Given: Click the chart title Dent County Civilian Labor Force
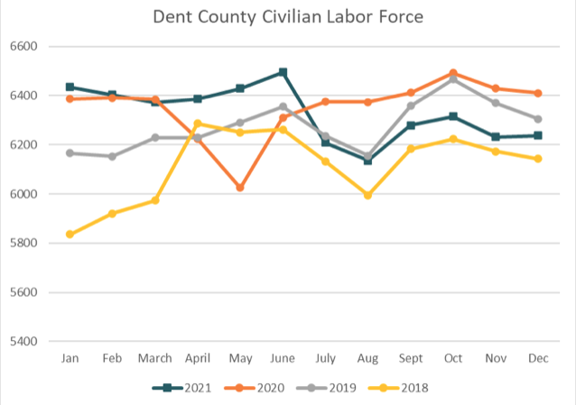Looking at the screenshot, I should coord(288,17).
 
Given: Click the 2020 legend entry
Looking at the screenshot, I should coord(263,388).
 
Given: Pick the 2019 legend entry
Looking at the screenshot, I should coord(333,388).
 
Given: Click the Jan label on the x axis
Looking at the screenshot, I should coord(70,359).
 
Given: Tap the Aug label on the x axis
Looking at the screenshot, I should coord(367,359).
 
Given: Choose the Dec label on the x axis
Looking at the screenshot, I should coord(538,359).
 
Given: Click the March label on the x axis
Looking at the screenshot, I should coord(154,359).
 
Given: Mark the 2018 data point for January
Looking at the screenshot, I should coord(70,235).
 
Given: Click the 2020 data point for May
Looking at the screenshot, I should coord(240,188).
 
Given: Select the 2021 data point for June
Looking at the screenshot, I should coord(283,72).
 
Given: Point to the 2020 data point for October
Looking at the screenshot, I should coord(453,73).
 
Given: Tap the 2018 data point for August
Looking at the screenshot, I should coord(367,195).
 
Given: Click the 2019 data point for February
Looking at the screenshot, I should coord(112,156).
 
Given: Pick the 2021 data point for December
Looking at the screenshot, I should coord(538,135).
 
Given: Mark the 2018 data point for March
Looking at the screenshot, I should coord(154,200).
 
